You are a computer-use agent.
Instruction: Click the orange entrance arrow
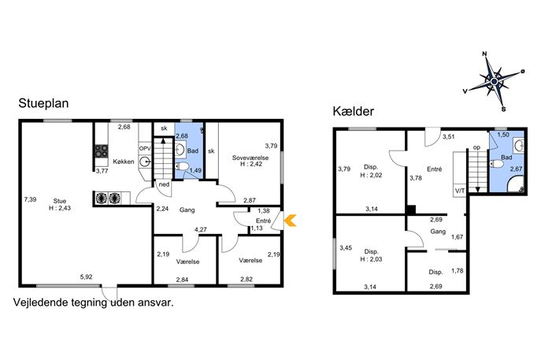(x=291, y=221)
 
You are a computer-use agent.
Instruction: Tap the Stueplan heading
(x=43, y=103)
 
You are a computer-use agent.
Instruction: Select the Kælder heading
(x=354, y=111)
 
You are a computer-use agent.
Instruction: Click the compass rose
(x=494, y=81)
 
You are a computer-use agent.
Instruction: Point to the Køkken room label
(x=124, y=161)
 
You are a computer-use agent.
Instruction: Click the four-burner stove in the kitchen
(x=102, y=150)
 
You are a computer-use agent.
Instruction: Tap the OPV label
(x=145, y=148)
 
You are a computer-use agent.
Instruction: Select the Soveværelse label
(x=250, y=158)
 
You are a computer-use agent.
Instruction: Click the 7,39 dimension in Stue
(x=31, y=199)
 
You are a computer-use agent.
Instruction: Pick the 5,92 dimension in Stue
(x=87, y=276)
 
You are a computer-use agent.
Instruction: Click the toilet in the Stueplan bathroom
(x=182, y=167)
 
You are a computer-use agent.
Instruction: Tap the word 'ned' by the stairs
(x=165, y=184)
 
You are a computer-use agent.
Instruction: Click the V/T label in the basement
(x=460, y=191)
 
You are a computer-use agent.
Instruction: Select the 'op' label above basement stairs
(x=477, y=148)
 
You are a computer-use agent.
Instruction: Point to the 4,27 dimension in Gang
(x=201, y=229)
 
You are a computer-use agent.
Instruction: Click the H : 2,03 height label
(x=371, y=259)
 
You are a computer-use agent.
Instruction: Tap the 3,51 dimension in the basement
(x=449, y=137)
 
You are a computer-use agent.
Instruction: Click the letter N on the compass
(x=484, y=54)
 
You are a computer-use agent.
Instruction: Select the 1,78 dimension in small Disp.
(x=458, y=271)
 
